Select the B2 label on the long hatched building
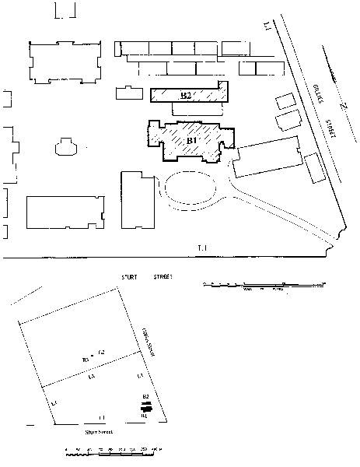185,96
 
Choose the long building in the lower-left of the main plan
65,212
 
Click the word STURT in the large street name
130,276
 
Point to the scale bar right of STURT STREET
260,286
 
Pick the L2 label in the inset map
101,354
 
